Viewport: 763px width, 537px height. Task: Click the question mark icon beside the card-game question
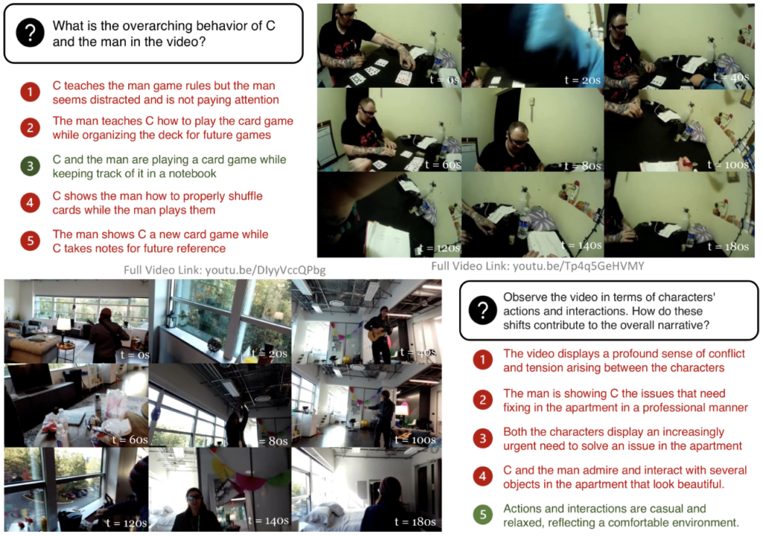click(x=30, y=33)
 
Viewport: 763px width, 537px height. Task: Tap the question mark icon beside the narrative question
click(x=483, y=310)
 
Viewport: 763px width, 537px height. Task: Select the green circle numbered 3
click(x=30, y=166)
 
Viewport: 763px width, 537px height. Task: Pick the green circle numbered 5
click(x=483, y=515)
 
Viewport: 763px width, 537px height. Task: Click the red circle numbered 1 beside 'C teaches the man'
click(x=30, y=92)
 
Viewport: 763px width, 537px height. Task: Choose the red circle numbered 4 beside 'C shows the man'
click(x=30, y=203)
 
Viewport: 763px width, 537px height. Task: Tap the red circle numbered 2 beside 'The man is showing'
click(x=483, y=400)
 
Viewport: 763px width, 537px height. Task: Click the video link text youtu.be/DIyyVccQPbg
click(x=265, y=270)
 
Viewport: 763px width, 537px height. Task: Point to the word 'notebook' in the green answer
click(x=192, y=174)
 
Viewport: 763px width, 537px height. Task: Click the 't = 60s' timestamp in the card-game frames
click(x=443, y=165)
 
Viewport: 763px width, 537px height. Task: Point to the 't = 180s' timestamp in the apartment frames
click(x=415, y=522)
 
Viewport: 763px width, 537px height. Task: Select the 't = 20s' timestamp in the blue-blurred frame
click(x=583, y=80)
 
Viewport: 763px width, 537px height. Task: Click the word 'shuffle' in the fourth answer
click(x=244, y=196)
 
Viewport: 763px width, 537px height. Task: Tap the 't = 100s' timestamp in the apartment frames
click(x=415, y=440)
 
